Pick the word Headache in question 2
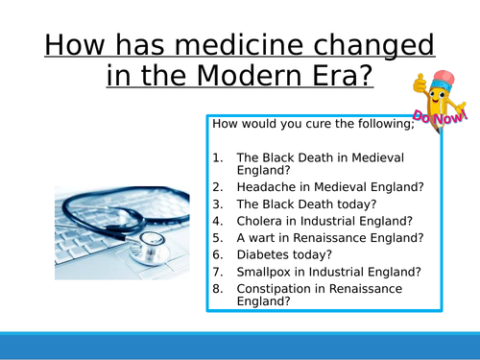coord(263,186)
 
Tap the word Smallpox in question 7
coord(264,272)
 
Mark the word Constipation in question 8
coord(275,288)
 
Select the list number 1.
coord(218,157)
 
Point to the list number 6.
coord(218,254)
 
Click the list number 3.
coord(218,204)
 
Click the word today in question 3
coord(348,204)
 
